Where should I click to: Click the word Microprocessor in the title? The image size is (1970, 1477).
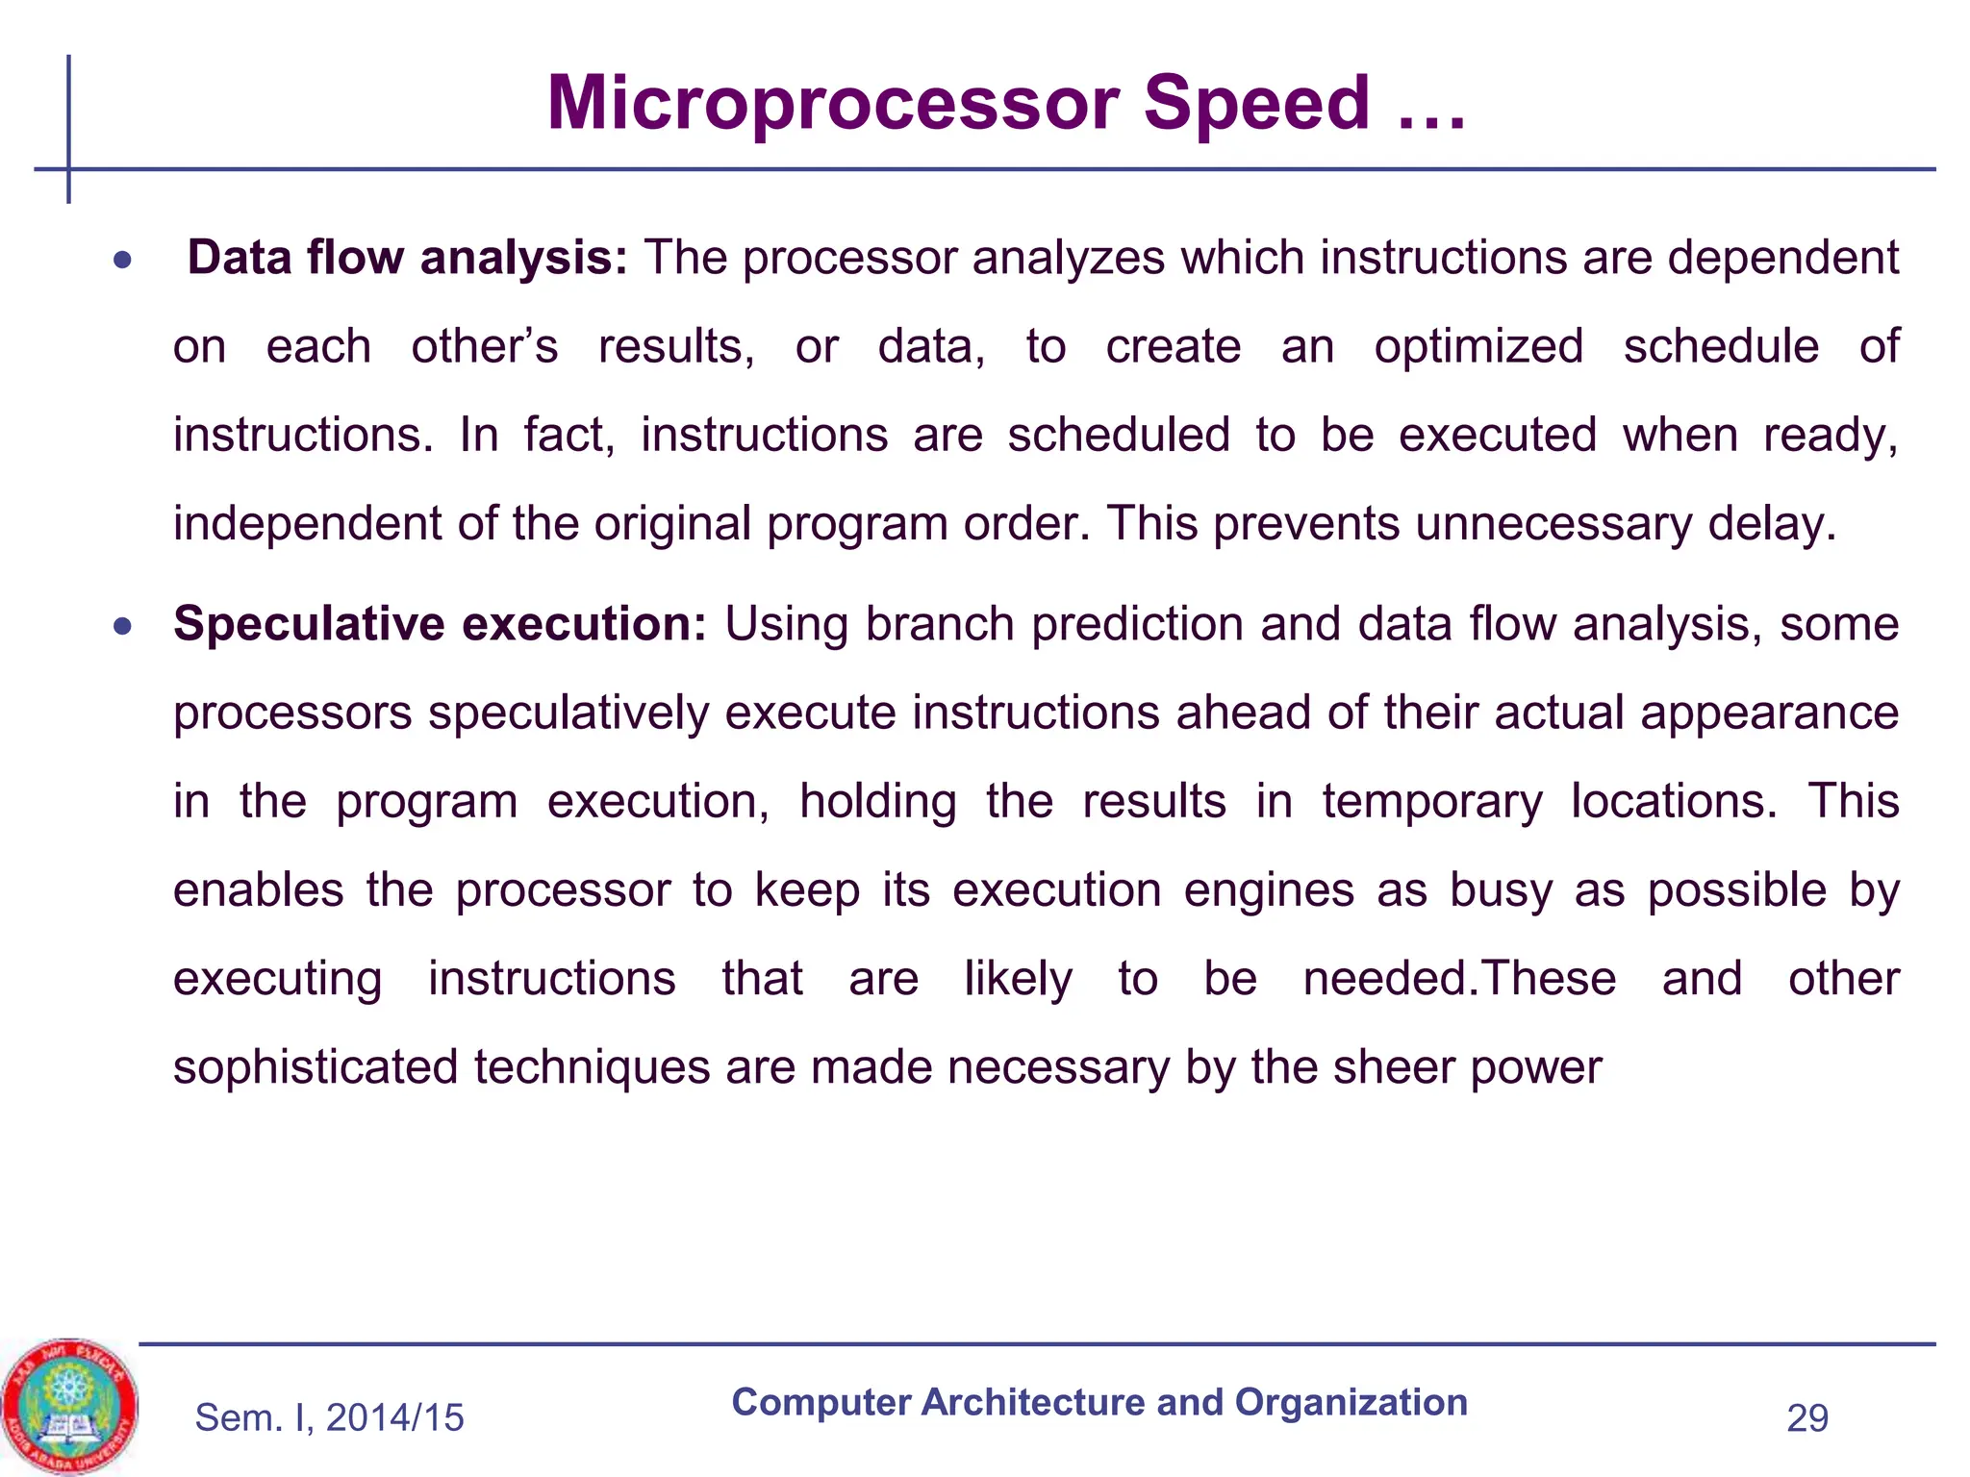[832, 104]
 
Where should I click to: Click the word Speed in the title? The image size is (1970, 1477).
[1256, 104]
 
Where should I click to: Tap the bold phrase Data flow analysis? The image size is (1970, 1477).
[407, 258]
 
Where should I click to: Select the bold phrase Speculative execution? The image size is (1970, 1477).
[440, 624]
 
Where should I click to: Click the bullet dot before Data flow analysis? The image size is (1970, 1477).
[121, 260]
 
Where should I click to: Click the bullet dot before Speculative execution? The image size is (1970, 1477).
[121, 627]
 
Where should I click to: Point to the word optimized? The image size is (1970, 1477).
[1478, 346]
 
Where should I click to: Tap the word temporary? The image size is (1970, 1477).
[1431, 801]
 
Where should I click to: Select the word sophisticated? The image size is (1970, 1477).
[315, 1067]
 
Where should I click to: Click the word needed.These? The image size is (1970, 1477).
[1459, 979]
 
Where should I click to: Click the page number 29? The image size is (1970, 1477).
[1806, 1418]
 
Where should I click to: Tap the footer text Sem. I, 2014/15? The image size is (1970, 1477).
[329, 1418]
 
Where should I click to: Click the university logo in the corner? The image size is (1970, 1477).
[69, 1406]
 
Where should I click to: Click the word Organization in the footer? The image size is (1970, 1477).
[1351, 1403]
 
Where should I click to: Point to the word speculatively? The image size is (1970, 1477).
[568, 713]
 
